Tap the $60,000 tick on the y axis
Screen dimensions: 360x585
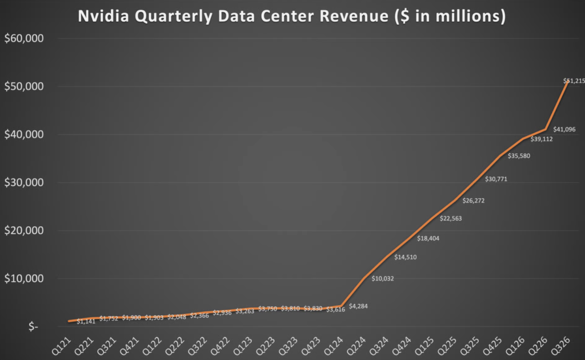tap(23, 39)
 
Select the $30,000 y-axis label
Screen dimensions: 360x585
tap(23, 183)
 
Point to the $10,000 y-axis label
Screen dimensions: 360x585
tap(23, 279)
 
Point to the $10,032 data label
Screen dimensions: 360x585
tap(383, 279)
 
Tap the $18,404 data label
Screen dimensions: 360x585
tap(428, 238)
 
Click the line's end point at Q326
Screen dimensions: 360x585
tap(567, 81)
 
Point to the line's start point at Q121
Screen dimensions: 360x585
tap(69, 321)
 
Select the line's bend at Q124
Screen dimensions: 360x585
tap(341, 306)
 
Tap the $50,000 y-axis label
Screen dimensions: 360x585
tap(23, 87)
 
